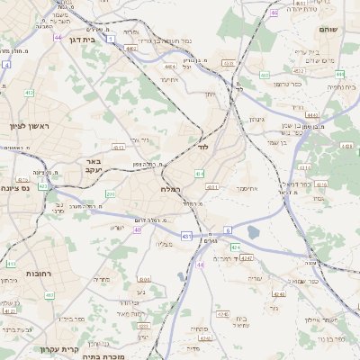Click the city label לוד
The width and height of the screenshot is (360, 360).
(x=204, y=145)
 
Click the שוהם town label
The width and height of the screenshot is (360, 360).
(x=328, y=30)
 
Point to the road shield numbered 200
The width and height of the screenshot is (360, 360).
(x=110, y=193)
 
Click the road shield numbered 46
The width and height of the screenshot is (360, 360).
(x=274, y=13)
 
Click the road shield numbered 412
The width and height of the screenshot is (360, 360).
(x=29, y=93)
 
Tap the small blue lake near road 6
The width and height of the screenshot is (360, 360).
(x=253, y=232)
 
